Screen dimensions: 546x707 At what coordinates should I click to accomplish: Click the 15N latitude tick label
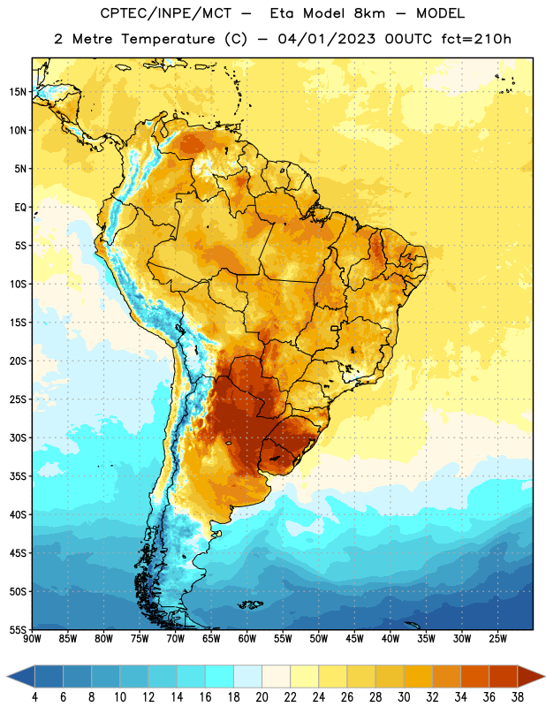click(x=18, y=92)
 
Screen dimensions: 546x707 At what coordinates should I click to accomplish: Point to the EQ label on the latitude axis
click(x=20, y=208)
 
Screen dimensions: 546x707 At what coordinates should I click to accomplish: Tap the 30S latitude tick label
click(x=18, y=437)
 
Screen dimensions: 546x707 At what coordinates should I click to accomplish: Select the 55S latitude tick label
click(x=18, y=629)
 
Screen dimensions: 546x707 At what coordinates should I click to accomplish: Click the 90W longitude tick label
click(x=32, y=639)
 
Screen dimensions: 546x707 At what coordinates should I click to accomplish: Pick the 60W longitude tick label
click(x=247, y=639)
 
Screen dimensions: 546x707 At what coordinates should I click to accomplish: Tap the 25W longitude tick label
click(x=497, y=639)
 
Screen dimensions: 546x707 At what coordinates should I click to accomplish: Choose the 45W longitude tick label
click(x=354, y=639)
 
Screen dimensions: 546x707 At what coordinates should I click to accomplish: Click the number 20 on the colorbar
click(x=262, y=697)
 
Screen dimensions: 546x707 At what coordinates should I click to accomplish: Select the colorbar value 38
click(x=518, y=697)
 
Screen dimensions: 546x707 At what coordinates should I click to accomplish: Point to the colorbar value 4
click(x=34, y=697)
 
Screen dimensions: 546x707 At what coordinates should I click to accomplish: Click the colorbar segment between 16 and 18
click(x=219, y=676)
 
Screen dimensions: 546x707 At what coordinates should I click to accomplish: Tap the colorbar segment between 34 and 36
click(x=474, y=676)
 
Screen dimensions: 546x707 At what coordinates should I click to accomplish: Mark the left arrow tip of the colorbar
click(x=7, y=676)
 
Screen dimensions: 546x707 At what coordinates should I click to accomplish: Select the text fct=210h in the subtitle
click(x=476, y=39)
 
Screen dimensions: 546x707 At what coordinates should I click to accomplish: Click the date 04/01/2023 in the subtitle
click(x=326, y=39)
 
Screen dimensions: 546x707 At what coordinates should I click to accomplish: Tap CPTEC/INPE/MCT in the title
click(x=165, y=13)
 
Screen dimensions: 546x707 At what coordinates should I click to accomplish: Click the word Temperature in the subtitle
click(x=168, y=40)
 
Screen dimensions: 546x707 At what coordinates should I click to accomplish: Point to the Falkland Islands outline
click(x=250, y=604)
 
